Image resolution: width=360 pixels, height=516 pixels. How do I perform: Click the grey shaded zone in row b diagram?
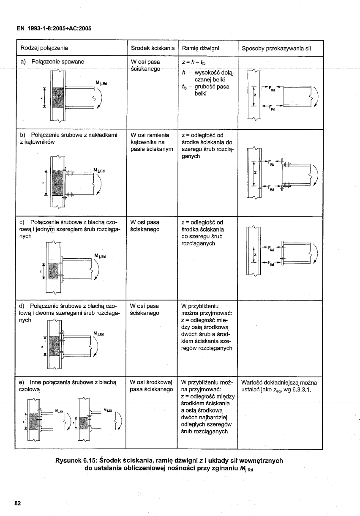click(57, 182)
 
